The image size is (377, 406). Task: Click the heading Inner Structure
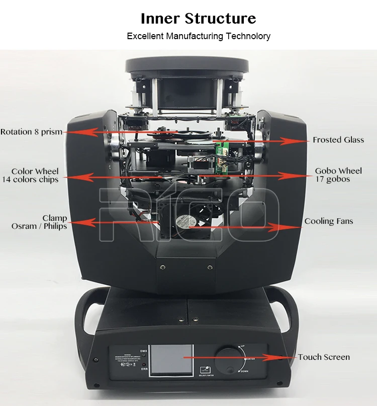(x=198, y=19)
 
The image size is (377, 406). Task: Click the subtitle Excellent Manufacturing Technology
(x=198, y=36)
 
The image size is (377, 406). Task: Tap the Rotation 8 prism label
(x=31, y=132)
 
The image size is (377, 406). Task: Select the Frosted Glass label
(x=338, y=140)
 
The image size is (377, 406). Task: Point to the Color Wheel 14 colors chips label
(x=34, y=176)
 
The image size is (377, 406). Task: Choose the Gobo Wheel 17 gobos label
(x=338, y=175)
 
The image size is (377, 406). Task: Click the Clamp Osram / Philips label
(x=39, y=222)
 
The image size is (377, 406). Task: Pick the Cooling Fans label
(x=328, y=221)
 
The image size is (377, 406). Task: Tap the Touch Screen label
(x=324, y=357)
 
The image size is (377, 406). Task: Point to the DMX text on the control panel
(x=143, y=350)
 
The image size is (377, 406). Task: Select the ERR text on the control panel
(x=144, y=369)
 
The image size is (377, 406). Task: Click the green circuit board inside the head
(x=222, y=148)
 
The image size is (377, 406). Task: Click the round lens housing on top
(x=187, y=65)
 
